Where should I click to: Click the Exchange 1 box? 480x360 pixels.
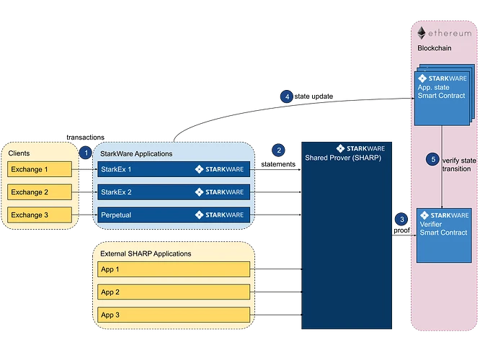[40, 170]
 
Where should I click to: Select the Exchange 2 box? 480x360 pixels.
[40, 192]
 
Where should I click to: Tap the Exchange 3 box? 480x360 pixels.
[40, 215]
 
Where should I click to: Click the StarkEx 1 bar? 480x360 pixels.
[174, 170]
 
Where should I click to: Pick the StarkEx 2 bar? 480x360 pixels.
[174, 192]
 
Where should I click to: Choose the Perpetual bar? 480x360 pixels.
[174, 215]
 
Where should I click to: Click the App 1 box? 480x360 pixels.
[174, 269]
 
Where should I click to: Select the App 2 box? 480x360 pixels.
[174, 292]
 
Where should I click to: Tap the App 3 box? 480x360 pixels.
[174, 315]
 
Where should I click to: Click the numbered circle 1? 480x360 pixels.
[85, 153]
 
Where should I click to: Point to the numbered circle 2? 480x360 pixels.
[279, 150]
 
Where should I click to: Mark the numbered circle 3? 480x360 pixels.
[402, 220]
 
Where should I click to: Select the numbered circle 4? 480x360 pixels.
[288, 96]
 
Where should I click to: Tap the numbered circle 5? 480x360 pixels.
[432, 159]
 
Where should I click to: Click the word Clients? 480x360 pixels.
[20, 154]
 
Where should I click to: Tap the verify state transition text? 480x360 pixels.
[456, 164]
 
